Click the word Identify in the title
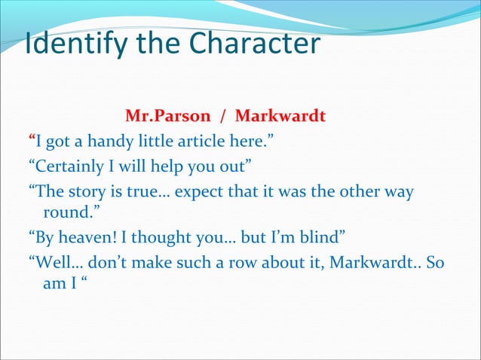coord(66,44)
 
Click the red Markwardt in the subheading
coord(280,117)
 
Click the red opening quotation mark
coord(32,140)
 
